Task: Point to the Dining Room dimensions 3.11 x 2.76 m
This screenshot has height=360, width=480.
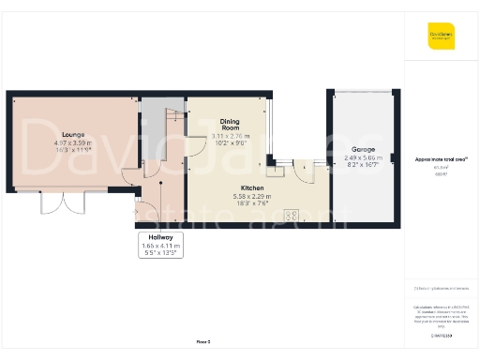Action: pyautogui.click(x=230, y=137)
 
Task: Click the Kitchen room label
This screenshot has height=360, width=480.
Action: pyautogui.click(x=230, y=188)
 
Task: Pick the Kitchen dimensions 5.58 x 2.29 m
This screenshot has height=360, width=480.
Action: pyautogui.click(x=230, y=196)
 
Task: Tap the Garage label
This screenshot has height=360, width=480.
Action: pyautogui.click(x=364, y=149)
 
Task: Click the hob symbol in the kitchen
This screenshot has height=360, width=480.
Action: pyautogui.click(x=291, y=215)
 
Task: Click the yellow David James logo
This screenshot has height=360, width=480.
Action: pyautogui.click(x=441, y=37)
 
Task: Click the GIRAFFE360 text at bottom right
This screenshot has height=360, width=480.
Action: pyautogui.click(x=441, y=335)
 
